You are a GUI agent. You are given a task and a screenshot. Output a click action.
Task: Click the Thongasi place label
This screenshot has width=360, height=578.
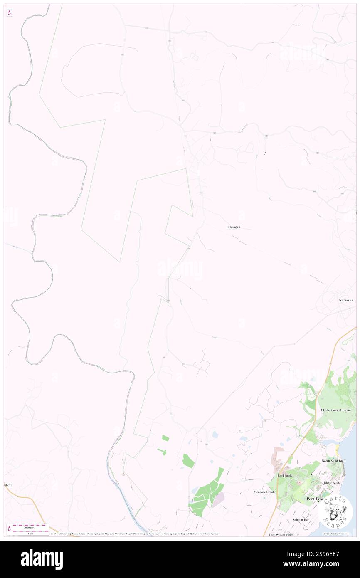234,227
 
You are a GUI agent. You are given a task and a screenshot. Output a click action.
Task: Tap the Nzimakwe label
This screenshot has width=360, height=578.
346,300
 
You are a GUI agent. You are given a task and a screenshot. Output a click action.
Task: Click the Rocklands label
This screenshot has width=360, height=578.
285,475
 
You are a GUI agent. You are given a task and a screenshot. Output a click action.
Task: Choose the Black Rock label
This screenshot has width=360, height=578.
332,482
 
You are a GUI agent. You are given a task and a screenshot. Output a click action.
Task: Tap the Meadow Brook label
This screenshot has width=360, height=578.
264,492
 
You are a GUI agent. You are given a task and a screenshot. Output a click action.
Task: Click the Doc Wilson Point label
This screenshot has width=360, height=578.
281,534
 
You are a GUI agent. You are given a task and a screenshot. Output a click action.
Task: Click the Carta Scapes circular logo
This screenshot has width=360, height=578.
335,513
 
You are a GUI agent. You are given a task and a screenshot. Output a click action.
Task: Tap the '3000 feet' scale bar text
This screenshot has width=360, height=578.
28,527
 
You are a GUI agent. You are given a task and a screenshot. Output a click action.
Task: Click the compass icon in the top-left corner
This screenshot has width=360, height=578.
9,13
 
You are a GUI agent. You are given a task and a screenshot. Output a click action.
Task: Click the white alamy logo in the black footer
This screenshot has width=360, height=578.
42,559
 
